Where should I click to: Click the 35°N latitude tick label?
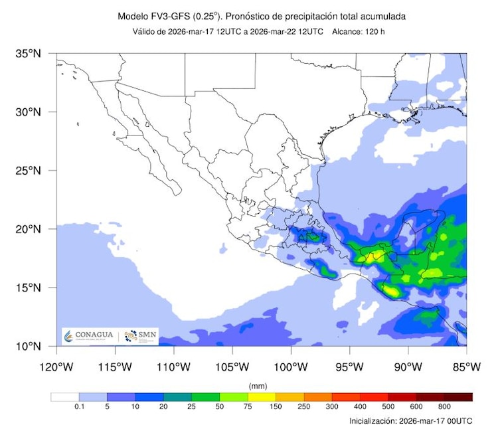point(29,53)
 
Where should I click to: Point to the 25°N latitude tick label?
point(29,170)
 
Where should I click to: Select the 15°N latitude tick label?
point(29,288)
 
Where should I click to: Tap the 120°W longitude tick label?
point(56,367)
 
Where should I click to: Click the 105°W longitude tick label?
point(232,367)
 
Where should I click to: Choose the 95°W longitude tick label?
point(349,367)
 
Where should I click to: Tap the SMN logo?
point(139,336)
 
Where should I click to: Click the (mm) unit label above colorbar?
point(258,386)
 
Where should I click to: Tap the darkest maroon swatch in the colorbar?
point(458,397)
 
